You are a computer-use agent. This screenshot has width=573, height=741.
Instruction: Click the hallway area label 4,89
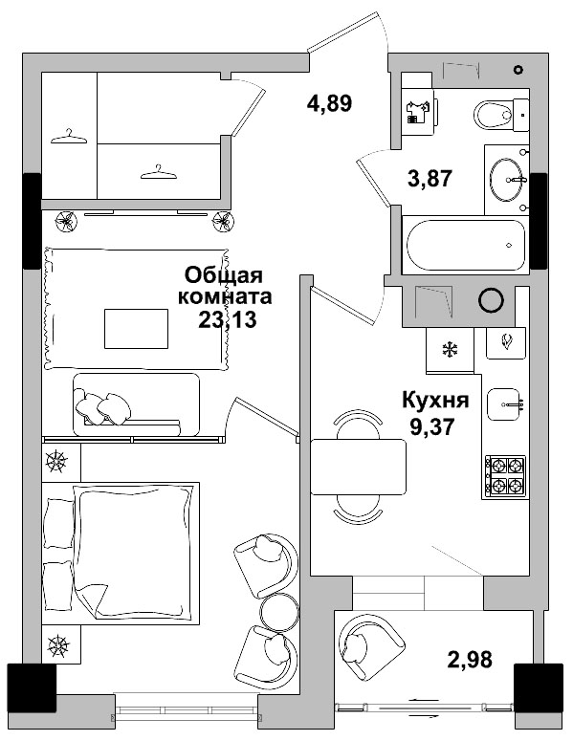pos(329,103)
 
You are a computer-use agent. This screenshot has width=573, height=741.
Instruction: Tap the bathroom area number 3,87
pos(430,179)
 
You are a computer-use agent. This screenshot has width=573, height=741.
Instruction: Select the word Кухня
pos(435,401)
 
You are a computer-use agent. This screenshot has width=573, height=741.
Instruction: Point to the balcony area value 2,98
pos(470,659)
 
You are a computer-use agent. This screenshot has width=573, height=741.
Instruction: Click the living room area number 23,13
pos(228,320)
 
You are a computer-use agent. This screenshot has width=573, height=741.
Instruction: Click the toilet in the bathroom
pos(501,115)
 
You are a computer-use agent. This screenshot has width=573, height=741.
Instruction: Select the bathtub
pos(466,245)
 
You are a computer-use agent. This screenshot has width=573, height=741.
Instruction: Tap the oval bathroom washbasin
pos(506,180)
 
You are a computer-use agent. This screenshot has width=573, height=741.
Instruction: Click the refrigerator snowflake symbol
pos(451,350)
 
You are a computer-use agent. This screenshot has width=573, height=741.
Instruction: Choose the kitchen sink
pos(505,404)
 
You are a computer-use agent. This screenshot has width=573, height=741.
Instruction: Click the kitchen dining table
pos(359,467)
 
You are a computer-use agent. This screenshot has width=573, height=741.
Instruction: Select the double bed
pos(121,553)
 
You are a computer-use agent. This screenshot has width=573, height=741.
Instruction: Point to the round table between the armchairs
pos(280,612)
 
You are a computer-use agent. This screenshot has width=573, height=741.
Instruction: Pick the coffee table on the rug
pos(136,329)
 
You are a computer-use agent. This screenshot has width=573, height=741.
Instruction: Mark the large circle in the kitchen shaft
pos(491,299)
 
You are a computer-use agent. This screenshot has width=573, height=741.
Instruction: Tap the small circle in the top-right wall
pos(518,70)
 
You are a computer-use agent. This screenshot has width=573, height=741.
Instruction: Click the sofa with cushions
pos(136,404)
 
